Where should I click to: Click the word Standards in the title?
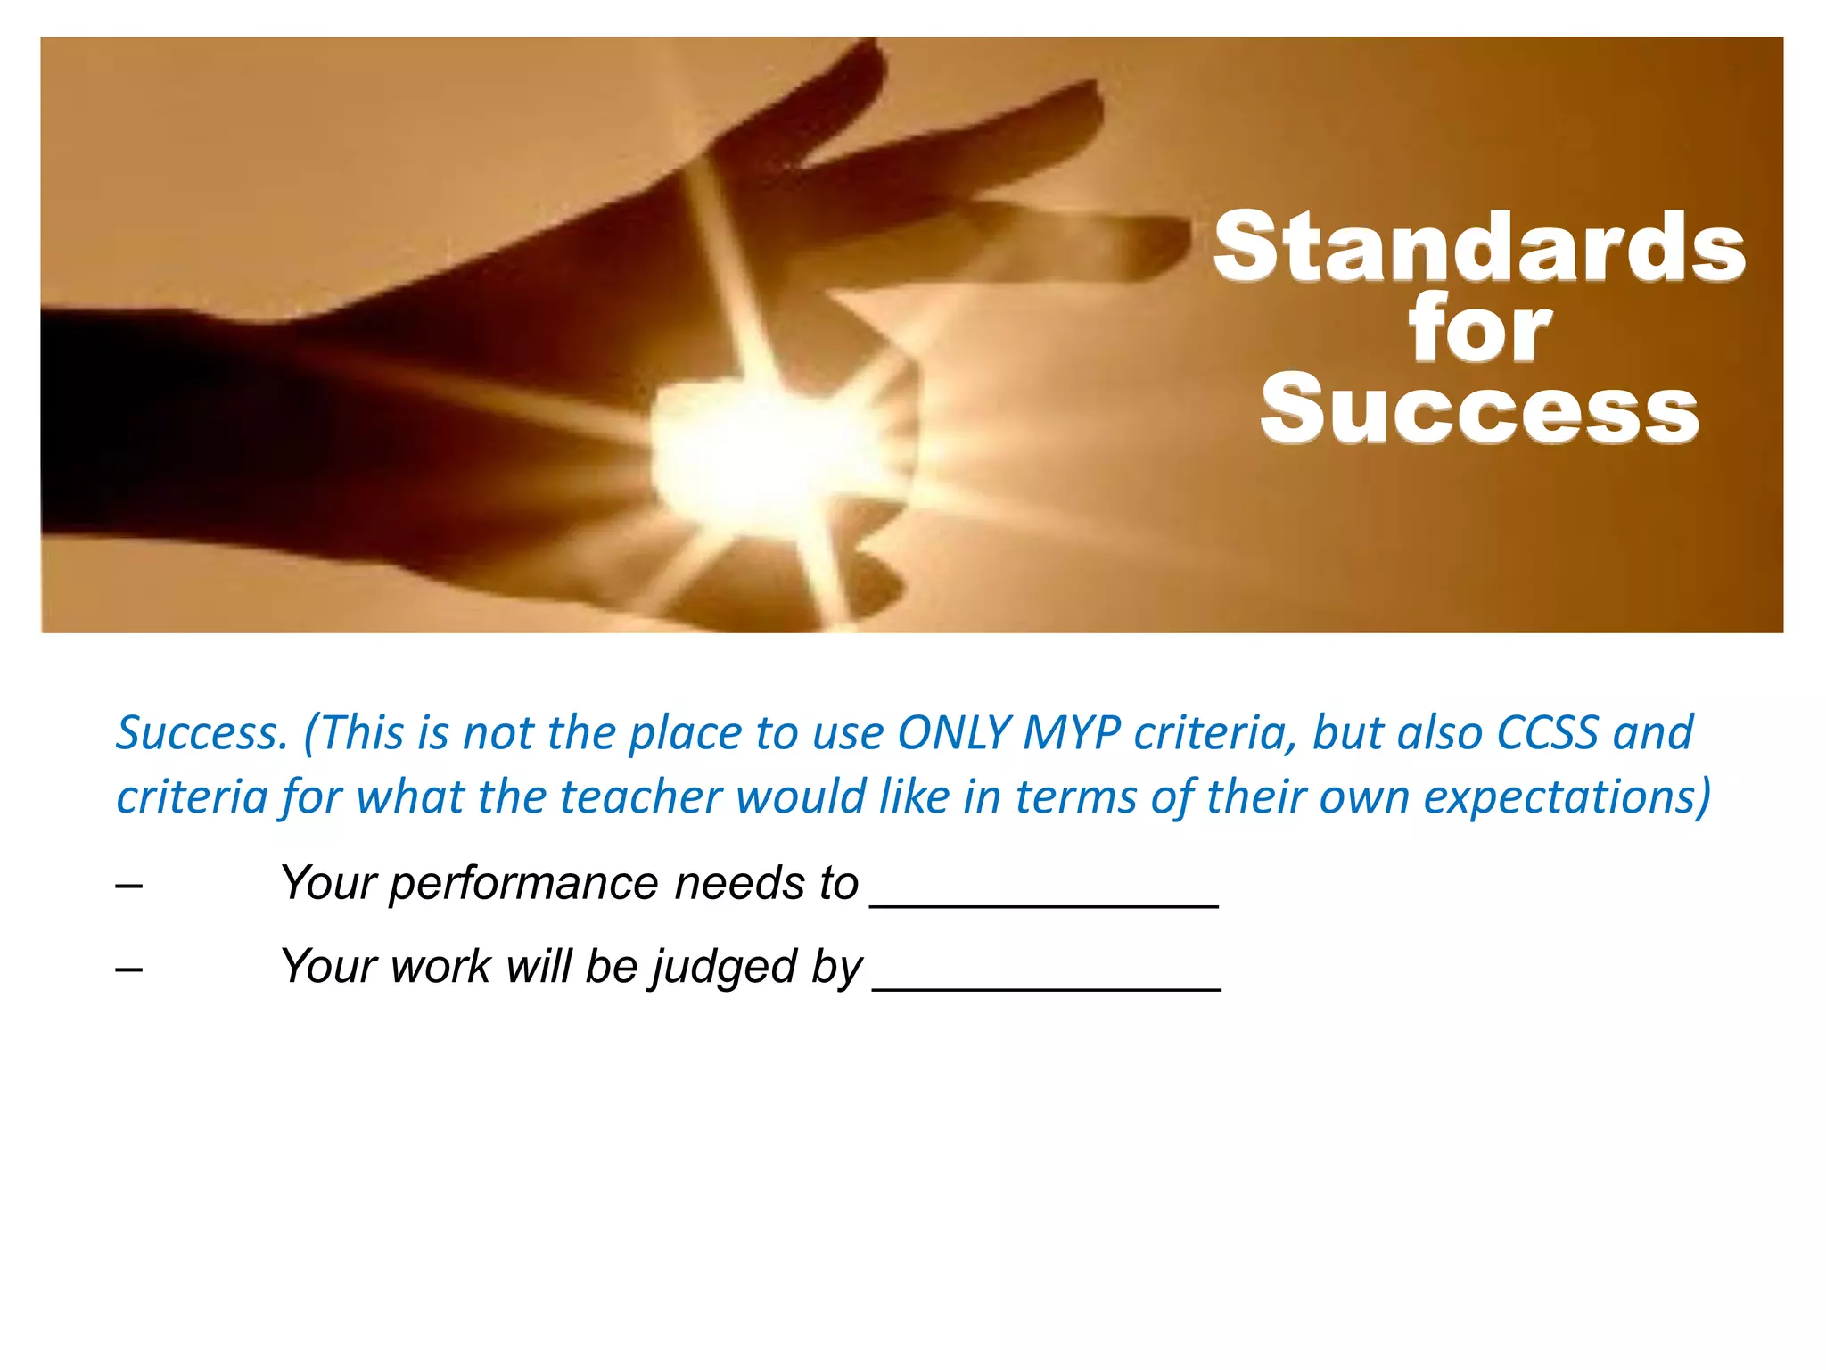pos(1478,247)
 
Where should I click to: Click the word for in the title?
pos(1479,330)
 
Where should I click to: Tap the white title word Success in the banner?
pos(1479,410)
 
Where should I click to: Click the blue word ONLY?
pos(952,733)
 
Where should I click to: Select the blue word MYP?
pos(1070,733)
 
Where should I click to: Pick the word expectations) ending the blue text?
pos(1567,796)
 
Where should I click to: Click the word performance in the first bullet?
pos(523,884)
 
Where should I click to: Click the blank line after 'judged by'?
pos(1047,979)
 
